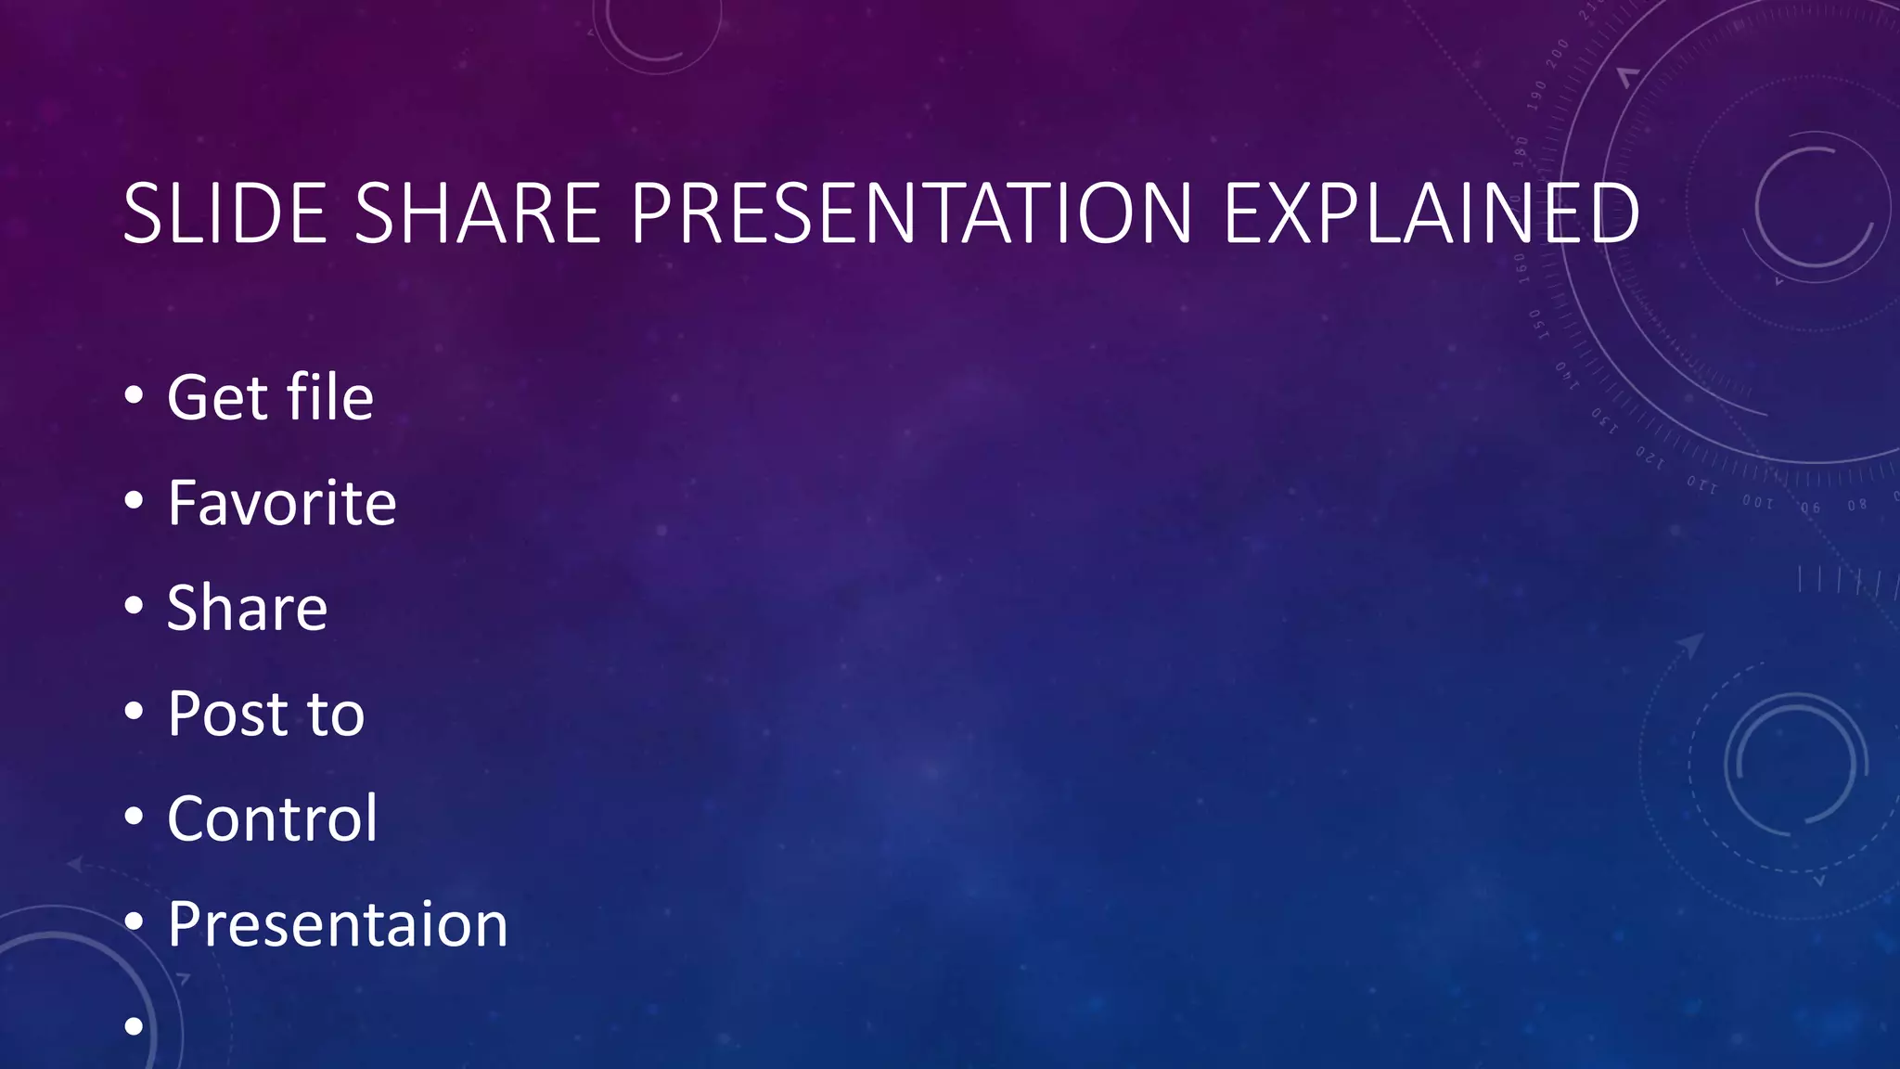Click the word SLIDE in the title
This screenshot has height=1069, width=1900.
point(225,214)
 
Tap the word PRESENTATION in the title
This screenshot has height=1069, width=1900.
point(911,214)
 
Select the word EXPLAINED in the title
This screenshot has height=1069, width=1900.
point(1431,214)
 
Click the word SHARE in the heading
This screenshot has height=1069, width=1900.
point(479,214)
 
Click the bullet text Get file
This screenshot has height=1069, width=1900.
point(270,397)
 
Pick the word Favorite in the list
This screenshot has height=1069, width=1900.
point(281,503)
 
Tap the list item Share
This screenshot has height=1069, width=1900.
point(247,608)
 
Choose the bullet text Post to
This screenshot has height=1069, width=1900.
point(265,714)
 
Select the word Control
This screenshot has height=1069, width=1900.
point(272,818)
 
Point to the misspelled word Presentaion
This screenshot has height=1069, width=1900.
point(338,924)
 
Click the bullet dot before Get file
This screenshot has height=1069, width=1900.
point(134,396)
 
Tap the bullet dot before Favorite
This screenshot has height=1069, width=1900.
point(134,501)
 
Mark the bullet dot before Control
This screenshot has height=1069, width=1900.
point(134,817)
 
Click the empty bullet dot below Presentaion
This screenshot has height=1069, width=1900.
point(134,1026)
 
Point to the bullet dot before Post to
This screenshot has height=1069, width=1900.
point(134,712)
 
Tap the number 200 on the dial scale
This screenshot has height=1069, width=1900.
point(1558,52)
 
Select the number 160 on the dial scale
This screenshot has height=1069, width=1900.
point(1521,265)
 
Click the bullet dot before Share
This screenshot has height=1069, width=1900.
point(134,606)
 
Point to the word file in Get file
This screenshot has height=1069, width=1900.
point(329,397)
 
